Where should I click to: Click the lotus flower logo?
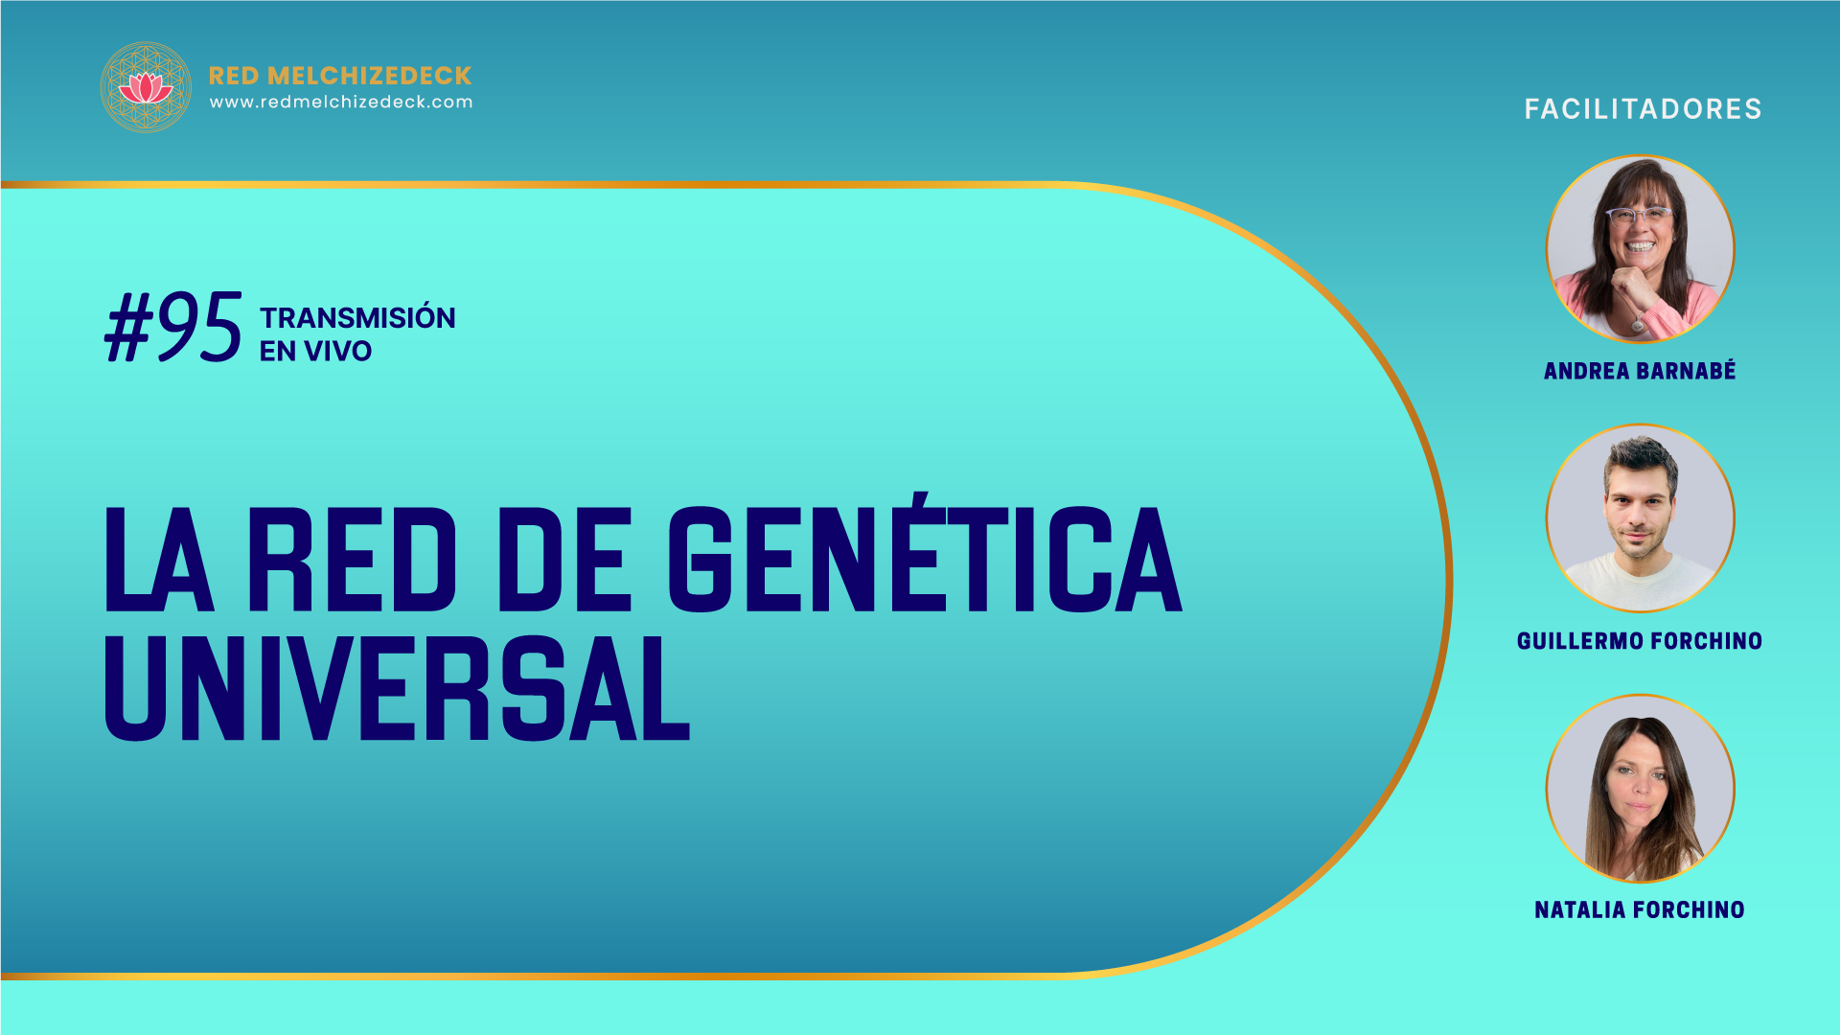146,87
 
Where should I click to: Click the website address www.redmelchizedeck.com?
341,102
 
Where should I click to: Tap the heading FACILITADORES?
1644,109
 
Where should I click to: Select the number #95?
173,328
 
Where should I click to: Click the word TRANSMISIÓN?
357,317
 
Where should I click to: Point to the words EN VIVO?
315,352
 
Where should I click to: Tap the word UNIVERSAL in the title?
397,687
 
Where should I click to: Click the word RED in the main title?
353,560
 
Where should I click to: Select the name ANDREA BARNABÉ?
1640,371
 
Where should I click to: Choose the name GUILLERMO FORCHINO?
1640,641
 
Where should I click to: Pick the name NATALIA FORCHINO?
1640,910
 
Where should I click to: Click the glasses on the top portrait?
1640,216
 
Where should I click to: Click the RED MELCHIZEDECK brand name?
340,76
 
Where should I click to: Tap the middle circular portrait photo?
1641,518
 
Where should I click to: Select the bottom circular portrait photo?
1641,789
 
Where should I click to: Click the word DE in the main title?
564,560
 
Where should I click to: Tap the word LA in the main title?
159,560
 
